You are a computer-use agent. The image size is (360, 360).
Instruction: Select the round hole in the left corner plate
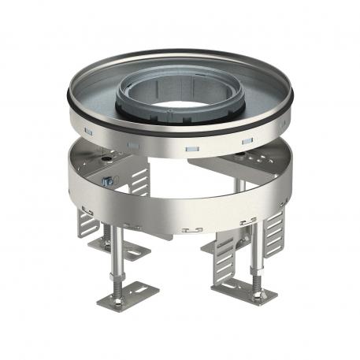pos(102,158)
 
